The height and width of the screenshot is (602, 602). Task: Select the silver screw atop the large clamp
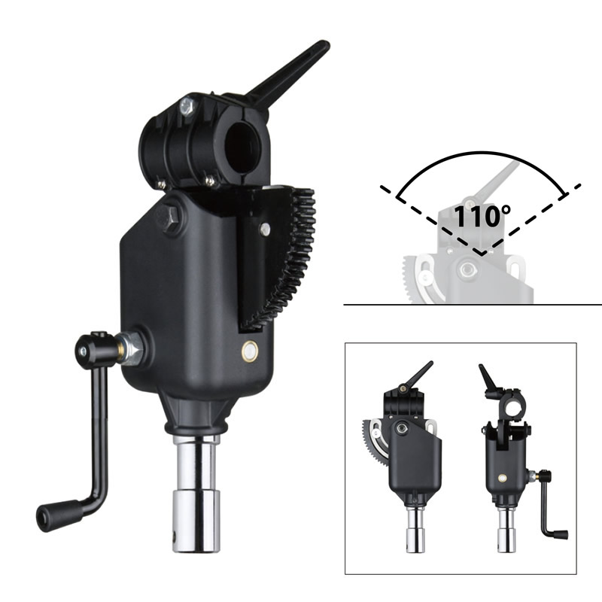point(185,108)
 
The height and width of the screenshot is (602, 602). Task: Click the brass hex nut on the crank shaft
point(132,348)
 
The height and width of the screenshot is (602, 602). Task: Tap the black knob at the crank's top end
point(91,348)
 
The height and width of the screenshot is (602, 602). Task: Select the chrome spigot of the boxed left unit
point(415,531)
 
